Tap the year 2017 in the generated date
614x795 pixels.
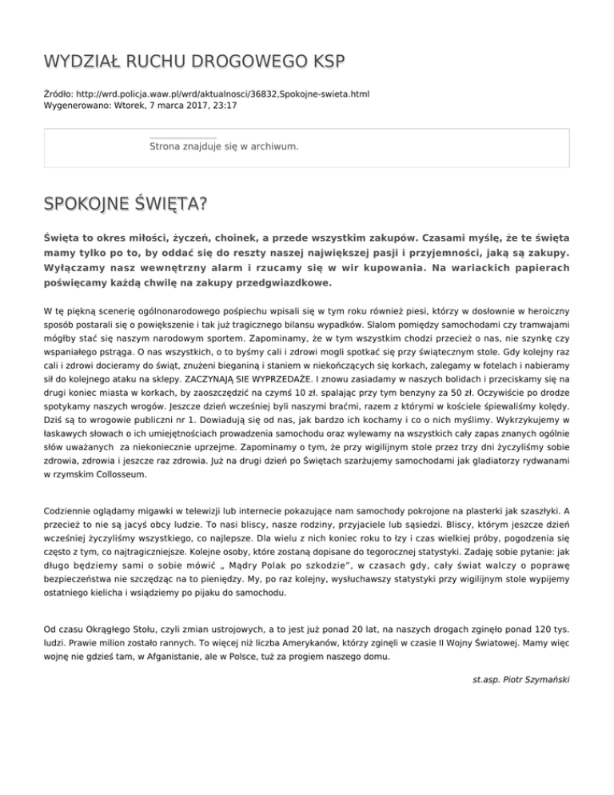tap(186, 105)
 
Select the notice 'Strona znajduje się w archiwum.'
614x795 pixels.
tap(224, 146)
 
